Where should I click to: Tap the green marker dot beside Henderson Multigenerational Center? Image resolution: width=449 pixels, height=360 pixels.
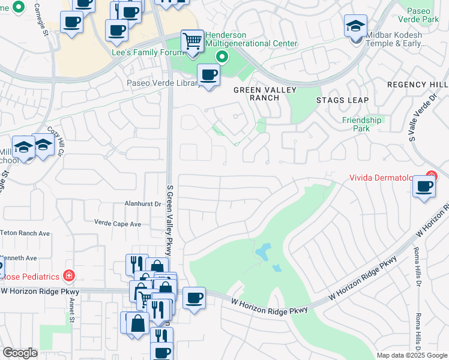222,58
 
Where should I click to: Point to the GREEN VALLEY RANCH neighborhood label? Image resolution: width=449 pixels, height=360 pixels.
256,94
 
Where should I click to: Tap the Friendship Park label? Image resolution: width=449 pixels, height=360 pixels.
361,124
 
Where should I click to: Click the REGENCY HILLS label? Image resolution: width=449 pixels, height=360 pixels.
418,85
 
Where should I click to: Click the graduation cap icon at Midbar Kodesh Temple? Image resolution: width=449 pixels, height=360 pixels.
355,26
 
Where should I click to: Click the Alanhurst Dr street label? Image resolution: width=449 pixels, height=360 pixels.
143,204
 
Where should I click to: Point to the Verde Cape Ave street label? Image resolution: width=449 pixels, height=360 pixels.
118,223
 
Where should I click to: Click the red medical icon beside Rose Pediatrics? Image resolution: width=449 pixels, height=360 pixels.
69,276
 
